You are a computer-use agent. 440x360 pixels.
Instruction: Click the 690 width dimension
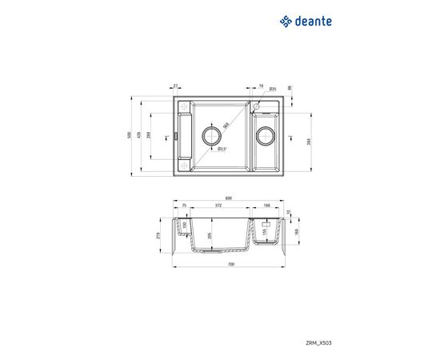[228, 198]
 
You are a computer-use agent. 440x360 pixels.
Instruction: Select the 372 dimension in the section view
[218, 206]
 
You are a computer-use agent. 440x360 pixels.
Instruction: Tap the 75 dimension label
[183, 206]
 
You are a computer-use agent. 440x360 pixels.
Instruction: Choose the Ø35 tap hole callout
[273, 89]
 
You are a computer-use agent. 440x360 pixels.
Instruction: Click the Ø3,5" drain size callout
[222, 149]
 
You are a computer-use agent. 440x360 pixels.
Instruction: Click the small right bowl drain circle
[264, 137]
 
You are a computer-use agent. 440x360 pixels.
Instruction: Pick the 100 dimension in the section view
[185, 226]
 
